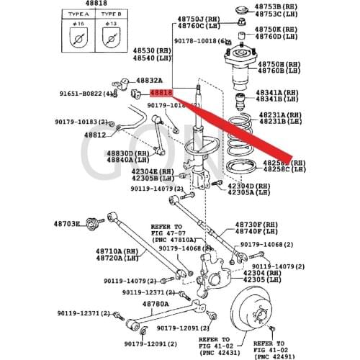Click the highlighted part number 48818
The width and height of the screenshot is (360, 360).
pyautogui.click(x=161, y=93)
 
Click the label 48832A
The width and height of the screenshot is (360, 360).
pyautogui.click(x=149, y=80)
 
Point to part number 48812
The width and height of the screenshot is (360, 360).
pyautogui.click(x=94, y=135)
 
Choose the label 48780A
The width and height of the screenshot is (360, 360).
pyautogui.click(x=154, y=304)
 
